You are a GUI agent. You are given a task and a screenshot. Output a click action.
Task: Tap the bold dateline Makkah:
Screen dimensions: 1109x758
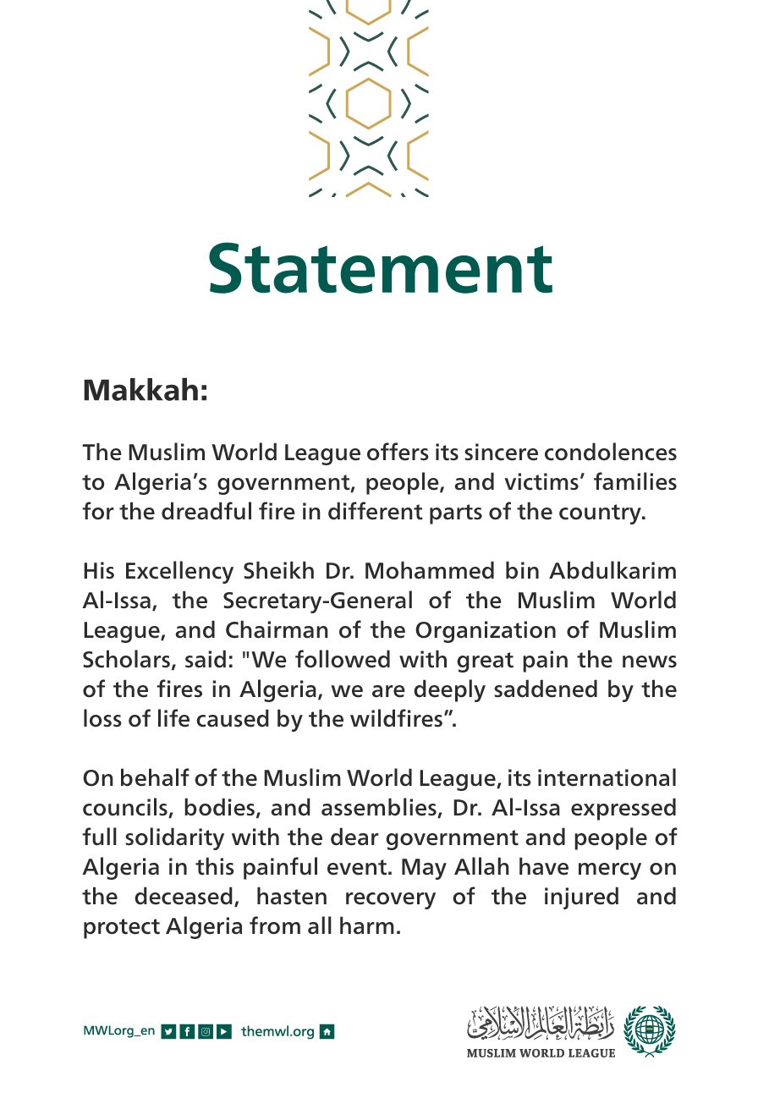coord(145,392)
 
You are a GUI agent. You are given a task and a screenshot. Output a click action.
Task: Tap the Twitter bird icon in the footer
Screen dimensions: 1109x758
coord(168,1032)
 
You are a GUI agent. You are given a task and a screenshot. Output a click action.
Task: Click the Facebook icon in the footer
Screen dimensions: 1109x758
coord(186,1032)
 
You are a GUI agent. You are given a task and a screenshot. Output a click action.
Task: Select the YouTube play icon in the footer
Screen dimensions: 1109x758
coord(223,1032)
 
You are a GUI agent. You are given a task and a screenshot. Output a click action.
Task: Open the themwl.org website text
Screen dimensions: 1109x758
coord(277,1032)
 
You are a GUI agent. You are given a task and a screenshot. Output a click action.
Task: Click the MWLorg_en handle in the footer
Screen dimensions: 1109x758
coord(118,1032)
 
